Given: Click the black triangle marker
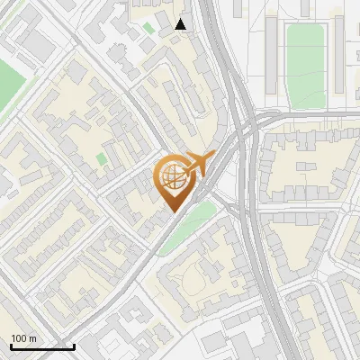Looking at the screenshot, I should [181, 24].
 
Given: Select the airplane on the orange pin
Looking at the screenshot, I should [201, 165].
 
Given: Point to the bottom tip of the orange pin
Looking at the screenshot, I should [174, 212].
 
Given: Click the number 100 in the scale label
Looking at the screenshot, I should [19, 338].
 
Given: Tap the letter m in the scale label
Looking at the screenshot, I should [32, 338].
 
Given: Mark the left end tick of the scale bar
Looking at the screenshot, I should [11, 346].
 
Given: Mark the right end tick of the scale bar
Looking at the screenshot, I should [74, 346].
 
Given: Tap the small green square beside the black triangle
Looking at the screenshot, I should [148, 29].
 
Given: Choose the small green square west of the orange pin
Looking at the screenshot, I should [102, 160].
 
